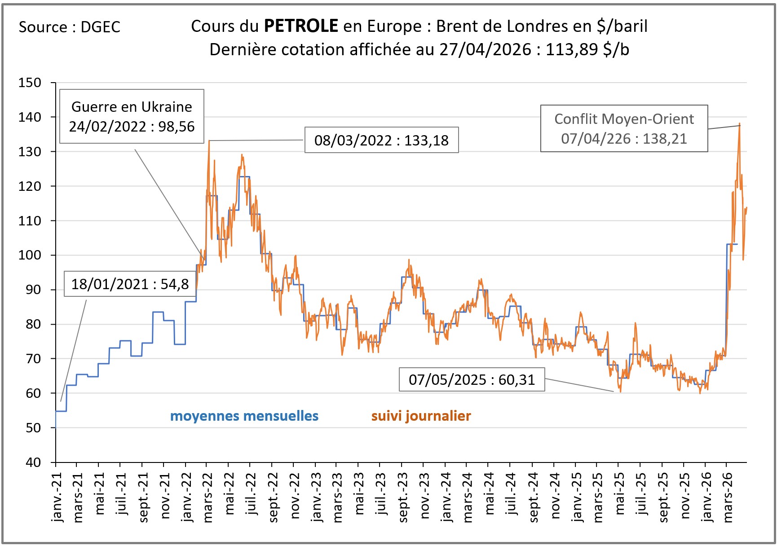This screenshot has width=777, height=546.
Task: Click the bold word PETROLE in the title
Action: pos(300,26)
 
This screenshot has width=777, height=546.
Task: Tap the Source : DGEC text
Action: pos(69,27)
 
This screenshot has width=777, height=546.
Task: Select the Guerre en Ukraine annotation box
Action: pos(132,116)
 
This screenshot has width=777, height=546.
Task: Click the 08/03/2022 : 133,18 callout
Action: pos(381,140)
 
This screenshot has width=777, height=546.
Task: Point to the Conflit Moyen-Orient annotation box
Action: pos(624,128)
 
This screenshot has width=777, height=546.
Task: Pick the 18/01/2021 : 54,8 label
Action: pos(130,284)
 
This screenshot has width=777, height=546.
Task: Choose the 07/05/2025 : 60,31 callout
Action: pos(472,379)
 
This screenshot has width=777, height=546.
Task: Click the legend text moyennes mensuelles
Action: pos(244,416)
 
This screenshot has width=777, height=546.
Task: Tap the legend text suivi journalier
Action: pos(421,416)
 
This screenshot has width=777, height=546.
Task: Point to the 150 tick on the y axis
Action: pos(30,83)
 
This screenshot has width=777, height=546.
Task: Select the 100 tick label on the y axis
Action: pos(30,255)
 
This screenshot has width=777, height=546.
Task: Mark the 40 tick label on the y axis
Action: pos(33,462)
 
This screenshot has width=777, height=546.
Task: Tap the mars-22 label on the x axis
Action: pos(207,498)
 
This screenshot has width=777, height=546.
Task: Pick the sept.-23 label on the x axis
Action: pos(403,498)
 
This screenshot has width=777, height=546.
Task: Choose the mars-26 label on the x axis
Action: pos(728,498)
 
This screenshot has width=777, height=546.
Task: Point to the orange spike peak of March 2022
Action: pos(209,141)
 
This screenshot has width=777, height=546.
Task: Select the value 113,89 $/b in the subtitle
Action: pos(587,49)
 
